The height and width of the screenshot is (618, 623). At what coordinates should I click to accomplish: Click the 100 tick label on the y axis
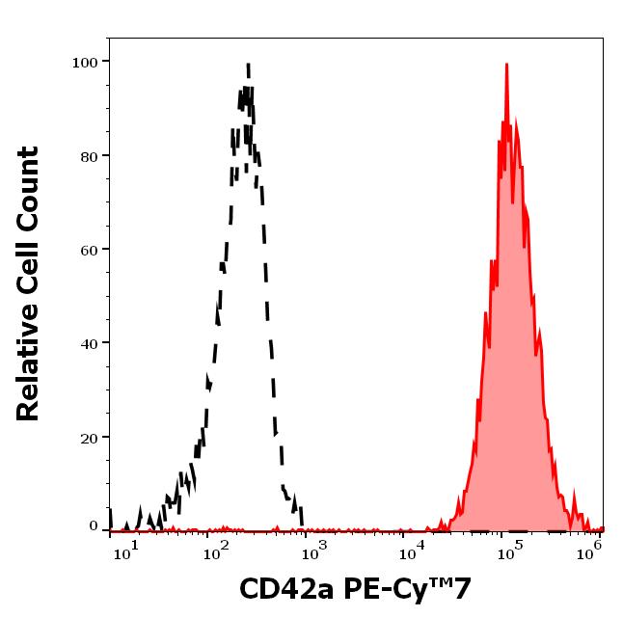[x=86, y=63]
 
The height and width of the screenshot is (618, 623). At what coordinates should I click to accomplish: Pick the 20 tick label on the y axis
[x=90, y=438]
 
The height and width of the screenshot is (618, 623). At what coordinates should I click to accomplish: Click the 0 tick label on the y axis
[x=95, y=526]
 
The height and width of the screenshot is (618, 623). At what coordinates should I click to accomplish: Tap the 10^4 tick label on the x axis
[x=412, y=549]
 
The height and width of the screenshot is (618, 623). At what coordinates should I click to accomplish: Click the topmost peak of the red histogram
[x=506, y=65]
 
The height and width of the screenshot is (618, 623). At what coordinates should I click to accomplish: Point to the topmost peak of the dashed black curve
[x=248, y=66]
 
